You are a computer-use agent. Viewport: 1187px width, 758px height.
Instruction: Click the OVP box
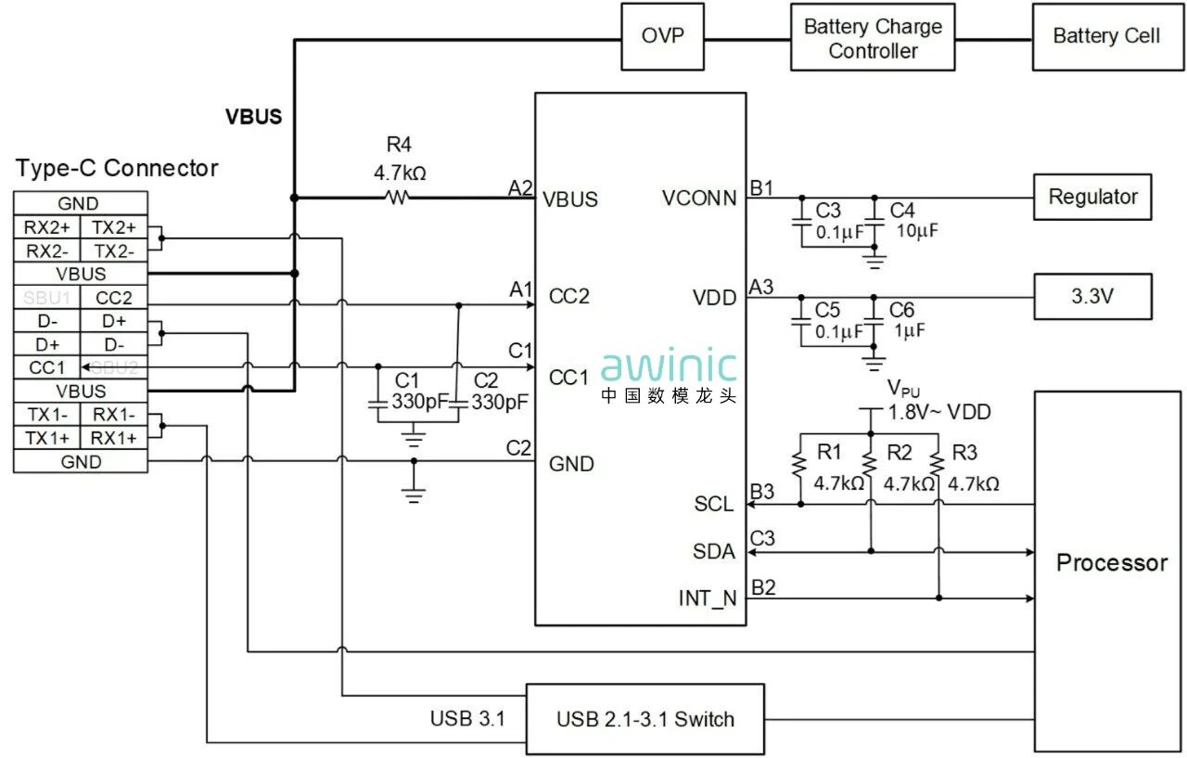tap(662, 37)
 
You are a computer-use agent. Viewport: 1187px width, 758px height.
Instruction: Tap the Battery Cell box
tap(1105, 37)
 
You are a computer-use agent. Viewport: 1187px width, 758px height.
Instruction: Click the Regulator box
tap(1091, 197)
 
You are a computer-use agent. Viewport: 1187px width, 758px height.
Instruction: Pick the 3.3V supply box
tap(1091, 298)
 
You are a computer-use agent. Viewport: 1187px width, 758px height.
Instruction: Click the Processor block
tap(1111, 562)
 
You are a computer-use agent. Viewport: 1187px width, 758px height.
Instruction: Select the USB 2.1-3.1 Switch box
tap(645, 719)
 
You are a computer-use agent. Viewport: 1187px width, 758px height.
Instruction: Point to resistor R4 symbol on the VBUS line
tap(398, 197)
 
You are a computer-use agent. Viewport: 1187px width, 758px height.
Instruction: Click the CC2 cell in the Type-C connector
tap(114, 298)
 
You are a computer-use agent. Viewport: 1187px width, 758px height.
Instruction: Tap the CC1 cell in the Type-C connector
tap(46, 367)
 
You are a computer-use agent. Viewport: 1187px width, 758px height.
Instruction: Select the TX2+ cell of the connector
tap(114, 227)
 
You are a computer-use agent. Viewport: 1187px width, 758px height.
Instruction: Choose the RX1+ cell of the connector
tap(114, 438)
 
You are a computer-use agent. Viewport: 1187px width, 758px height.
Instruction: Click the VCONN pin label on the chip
tap(699, 198)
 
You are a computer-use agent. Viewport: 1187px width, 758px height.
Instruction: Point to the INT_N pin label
tap(708, 598)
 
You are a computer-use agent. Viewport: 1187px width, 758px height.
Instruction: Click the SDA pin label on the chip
tap(714, 552)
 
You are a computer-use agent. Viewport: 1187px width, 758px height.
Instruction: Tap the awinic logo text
tap(669, 366)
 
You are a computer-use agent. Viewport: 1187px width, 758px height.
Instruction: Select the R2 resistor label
tap(899, 453)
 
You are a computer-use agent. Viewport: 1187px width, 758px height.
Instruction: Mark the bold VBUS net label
tap(253, 118)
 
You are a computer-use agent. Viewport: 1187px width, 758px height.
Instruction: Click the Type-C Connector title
tap(117, 168)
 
